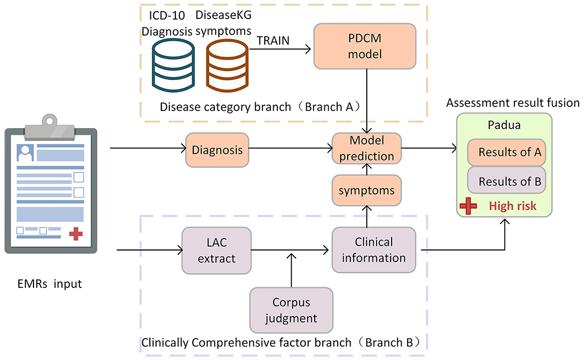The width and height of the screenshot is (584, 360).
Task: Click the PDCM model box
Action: click(365, 46)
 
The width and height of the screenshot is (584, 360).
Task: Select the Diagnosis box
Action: click(217, 150)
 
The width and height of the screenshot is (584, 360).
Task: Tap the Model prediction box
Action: click(367, 148)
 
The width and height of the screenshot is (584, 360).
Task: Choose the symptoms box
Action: click(367, 190)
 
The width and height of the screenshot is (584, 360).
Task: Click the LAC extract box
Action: click(216, 250)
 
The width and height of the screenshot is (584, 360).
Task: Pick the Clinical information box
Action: click(374, 249)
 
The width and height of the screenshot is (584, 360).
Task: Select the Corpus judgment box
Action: click(291, 310)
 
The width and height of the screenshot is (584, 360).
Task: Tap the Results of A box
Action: click(507, 152)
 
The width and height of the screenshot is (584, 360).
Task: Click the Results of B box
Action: click(507, 180)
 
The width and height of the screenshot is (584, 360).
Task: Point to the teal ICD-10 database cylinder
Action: click(173, 65)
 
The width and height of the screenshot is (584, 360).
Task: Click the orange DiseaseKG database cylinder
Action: click(227, 65)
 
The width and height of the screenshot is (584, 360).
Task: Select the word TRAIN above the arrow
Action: click(273, 40)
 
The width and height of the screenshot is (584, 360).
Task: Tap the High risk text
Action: click(513, 205)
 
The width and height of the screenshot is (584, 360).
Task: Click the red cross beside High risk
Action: click(468, 206)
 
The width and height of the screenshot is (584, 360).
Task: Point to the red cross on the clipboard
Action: click(76, 233)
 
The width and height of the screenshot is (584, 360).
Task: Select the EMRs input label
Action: click(49, 283)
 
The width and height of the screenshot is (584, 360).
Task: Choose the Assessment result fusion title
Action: click(513, 102)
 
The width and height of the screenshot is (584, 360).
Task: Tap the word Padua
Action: click(504, 125)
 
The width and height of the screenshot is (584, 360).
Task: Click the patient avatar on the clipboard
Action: click(25, 153)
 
